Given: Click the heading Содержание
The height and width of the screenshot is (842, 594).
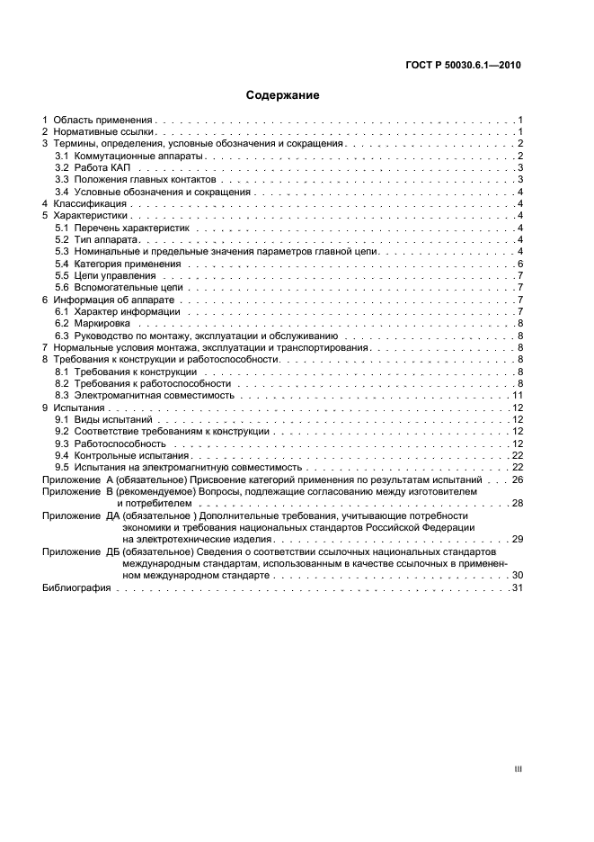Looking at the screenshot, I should click(x=283, y=94).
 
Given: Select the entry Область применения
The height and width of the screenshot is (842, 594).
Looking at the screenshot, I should click(x=103, y=120).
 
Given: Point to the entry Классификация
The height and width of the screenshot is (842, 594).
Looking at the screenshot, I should click(x=88, y=204).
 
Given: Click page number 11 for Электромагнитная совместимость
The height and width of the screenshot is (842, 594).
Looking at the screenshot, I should click(x=518, y=395).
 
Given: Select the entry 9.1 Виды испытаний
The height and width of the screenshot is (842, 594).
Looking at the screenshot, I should click(x=103, y=419).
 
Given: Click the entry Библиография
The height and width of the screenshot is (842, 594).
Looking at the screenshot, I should click(x=76, y=587).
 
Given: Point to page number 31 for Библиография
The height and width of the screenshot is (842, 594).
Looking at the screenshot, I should click(x=518, y=587).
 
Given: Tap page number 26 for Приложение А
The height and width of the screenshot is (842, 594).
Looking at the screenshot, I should click(x=518, y=479).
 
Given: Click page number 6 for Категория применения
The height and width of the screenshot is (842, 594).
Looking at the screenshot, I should click(x=520, y=264).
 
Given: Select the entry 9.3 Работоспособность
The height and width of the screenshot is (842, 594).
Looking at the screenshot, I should click(x=110, y=443).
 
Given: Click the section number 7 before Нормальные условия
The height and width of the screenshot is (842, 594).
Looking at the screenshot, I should click(x=46, y=347).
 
